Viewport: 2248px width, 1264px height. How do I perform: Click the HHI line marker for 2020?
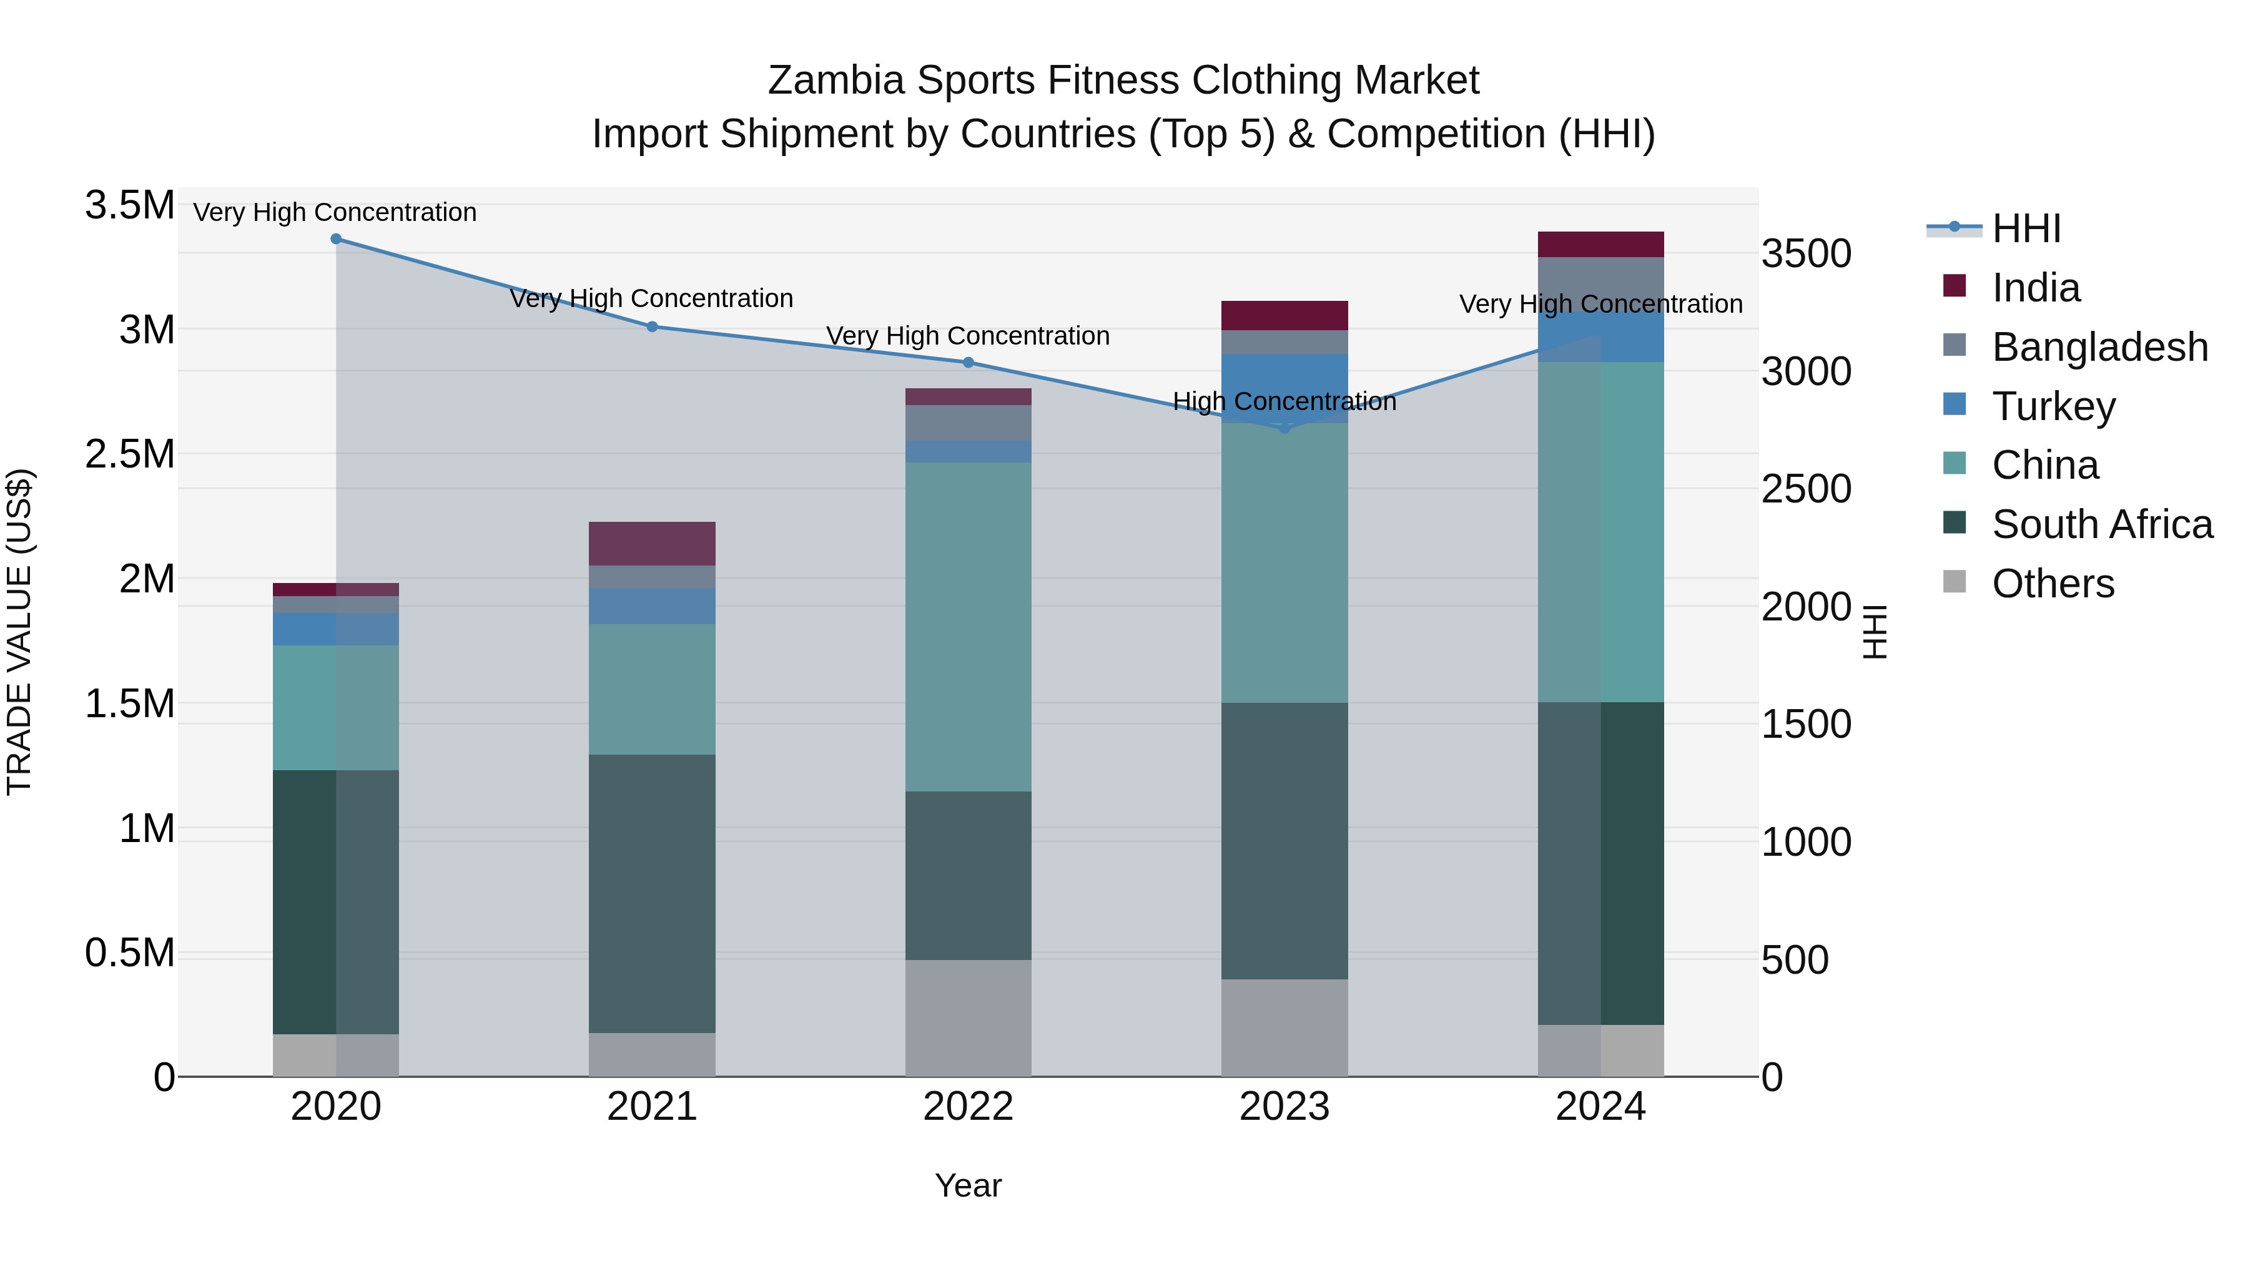click(336, 239)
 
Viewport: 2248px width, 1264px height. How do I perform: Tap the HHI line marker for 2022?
click(968, 363)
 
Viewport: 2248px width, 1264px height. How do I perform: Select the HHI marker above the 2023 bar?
click(1284, 428)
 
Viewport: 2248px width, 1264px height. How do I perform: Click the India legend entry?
click(2035, 288)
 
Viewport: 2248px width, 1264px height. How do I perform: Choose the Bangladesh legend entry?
click(2099, 347)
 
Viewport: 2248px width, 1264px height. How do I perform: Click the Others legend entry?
click(2053, 584)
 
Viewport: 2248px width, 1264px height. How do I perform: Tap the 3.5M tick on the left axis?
click(130, 206)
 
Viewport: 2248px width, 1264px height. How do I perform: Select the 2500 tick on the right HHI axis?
click(1805, 489)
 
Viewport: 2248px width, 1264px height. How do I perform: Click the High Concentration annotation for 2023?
click(1284, 402)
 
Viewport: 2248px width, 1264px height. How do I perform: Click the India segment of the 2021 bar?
click(652, 544)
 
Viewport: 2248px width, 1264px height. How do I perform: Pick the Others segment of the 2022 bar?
click(968, 1018)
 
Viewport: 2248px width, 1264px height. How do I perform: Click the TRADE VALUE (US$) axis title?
click(20, 632)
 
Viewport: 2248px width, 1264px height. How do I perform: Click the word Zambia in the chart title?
click(835, 81)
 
